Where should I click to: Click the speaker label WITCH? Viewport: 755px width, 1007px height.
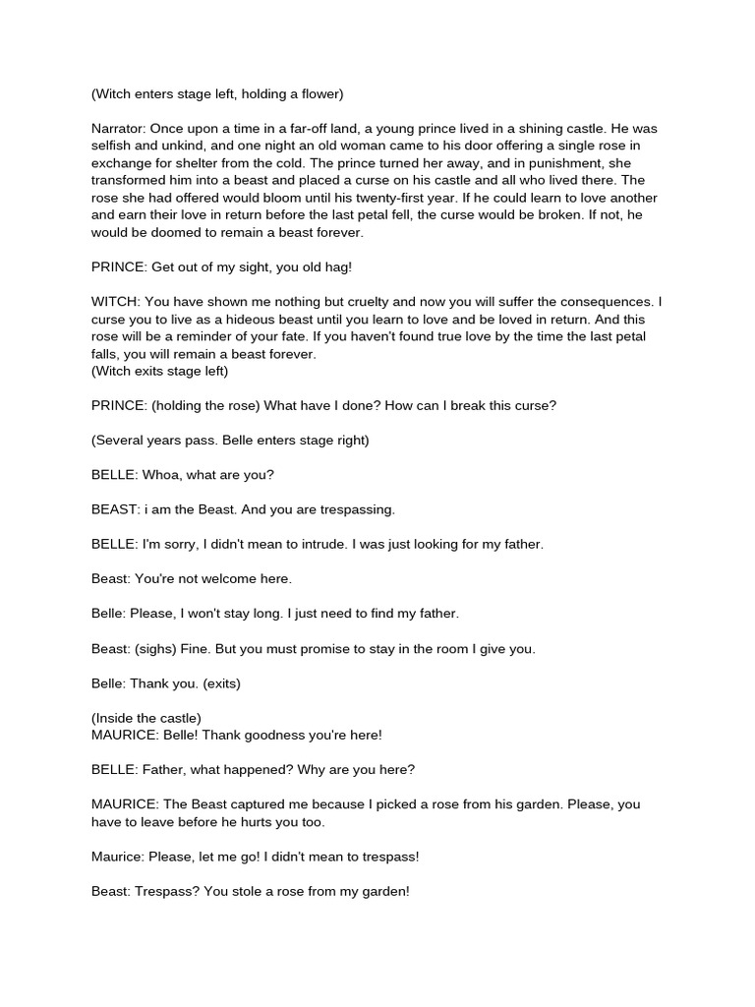(x=117, y=302)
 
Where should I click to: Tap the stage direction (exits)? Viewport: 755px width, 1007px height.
(x=218, y=682)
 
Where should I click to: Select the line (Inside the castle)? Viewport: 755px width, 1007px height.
(x=145, y=718)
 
